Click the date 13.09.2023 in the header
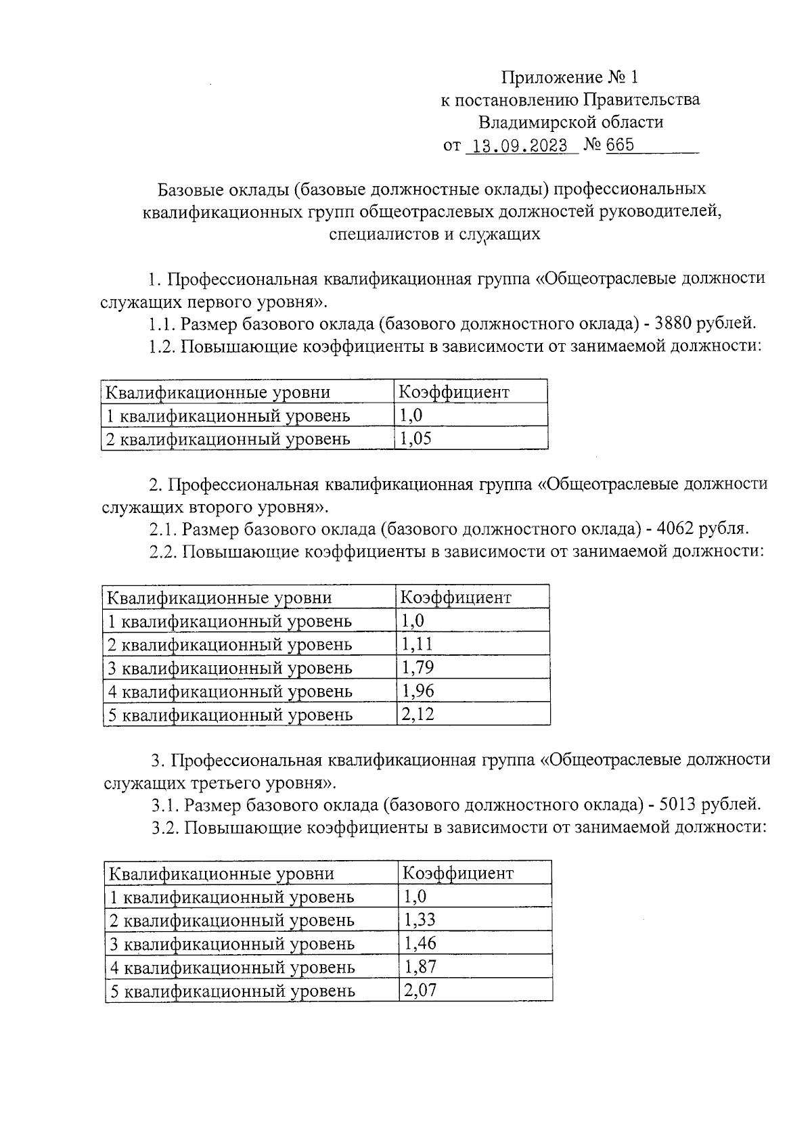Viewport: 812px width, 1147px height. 520,145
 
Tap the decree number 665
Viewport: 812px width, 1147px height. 620,145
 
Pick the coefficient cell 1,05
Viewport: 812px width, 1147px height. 415,438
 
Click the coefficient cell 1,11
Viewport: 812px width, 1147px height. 417,644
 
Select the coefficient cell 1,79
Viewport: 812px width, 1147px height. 418,667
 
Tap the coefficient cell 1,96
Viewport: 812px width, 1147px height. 418,691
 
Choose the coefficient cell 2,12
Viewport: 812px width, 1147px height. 418,714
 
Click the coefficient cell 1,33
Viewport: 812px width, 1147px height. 420,920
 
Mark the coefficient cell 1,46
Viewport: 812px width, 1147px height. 420,943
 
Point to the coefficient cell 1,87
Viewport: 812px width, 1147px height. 420,966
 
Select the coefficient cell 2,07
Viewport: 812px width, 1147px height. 420,991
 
